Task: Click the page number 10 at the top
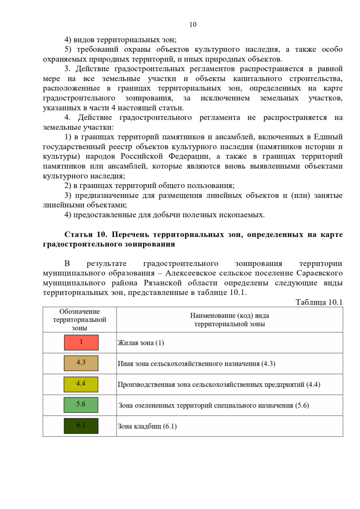(193, 25)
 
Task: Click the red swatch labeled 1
(81, 342)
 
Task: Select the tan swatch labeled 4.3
(81, 363)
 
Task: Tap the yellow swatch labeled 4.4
(81, 384)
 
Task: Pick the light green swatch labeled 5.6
(81, 405)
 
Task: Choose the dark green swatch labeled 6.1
(81, 426)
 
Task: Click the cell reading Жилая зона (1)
(141, 343)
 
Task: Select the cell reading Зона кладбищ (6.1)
(147, 426)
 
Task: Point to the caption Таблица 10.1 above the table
(319, 302)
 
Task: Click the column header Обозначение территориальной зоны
(79, 320)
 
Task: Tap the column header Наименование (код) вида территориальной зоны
(229, 320)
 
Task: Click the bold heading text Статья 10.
(85, 234)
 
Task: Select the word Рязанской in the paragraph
(163, 283)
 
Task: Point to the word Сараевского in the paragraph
(319, 273)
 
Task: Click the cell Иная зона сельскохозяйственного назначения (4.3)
(196, 364)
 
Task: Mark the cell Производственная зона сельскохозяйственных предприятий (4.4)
(219, 384)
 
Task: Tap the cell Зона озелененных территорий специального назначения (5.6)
(214, 405)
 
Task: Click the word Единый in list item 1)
(328, 137)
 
